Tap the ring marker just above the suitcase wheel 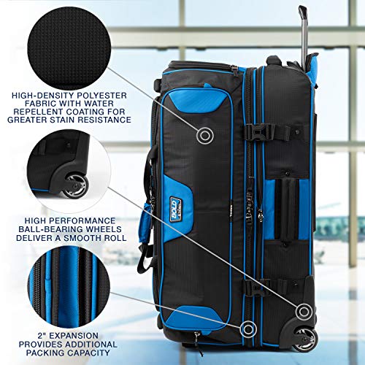pyautogui.click(x=301, y=307)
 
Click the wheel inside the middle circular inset pyautogui.click(x=72, y=185)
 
